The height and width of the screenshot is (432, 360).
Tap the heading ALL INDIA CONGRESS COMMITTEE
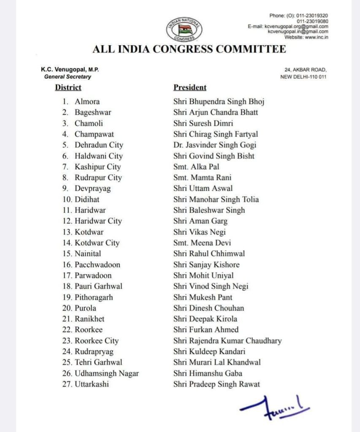pyautogui.click(x=189, y=49)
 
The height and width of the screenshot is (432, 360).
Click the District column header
pyautogui.click(x=68, y=88)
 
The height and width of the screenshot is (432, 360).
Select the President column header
pyautogui.click(x=190, y=88)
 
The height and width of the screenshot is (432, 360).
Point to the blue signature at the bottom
pyautogui.click(x=274, y=407)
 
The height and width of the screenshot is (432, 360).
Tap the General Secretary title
pyautogui.click(x=68, y=77)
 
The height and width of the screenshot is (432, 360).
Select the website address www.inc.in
pyautogui.click(x=317, y=37)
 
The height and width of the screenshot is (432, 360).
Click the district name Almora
pyautogui.click(x=87, y=101)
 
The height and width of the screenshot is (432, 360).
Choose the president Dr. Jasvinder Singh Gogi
pyautogui.click(x=215, y=145)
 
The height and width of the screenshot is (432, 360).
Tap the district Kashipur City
pyautogui.click(x=97, y=167)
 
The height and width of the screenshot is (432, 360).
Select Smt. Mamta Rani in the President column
pyautogui.click(x=202, y=178)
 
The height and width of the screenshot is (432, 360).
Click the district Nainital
pyautogui.click(x=88, y=254)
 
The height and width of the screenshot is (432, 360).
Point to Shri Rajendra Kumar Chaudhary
pyautogui.click(x=227, y=340)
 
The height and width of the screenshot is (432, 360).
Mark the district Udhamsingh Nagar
pyautogui.click(x=106, y=373)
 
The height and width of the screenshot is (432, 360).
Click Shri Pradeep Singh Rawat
pyautogui.click(x=217, y=384)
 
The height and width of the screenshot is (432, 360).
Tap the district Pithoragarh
pyautogui.click(x=94, y=297)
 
